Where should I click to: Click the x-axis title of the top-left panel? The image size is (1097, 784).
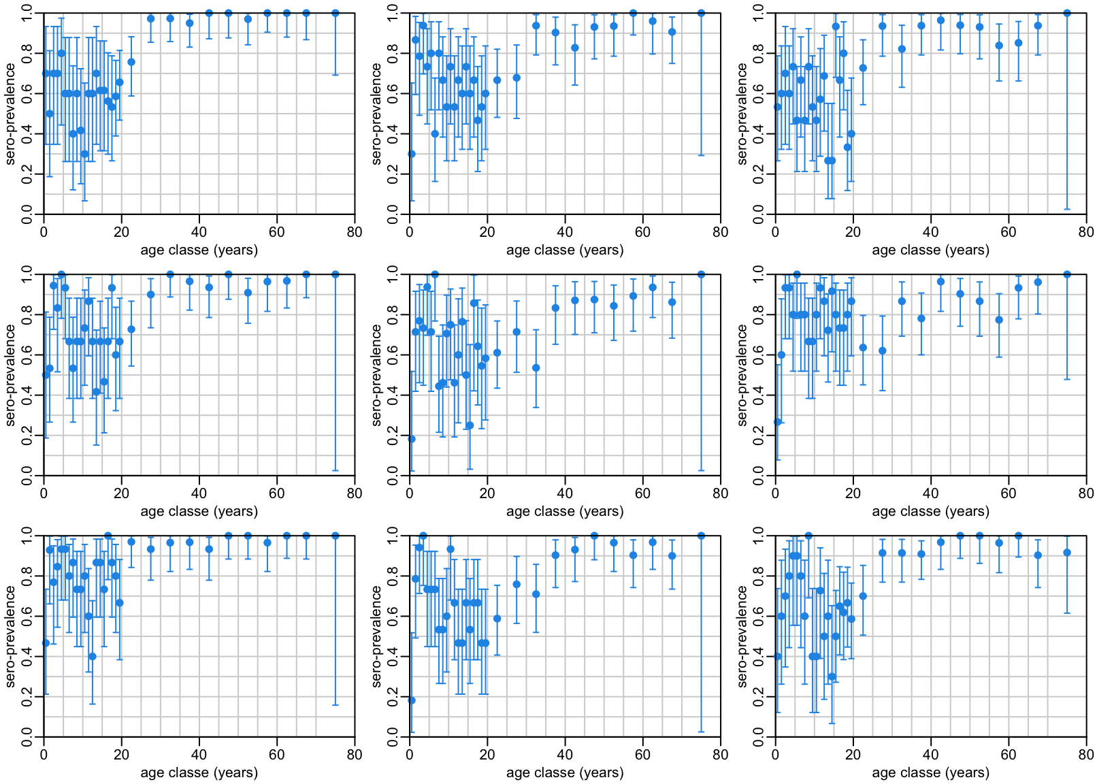coord(199,250)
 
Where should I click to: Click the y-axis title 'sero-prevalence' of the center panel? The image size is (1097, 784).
coord(376,375)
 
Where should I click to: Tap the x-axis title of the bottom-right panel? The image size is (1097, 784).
coord(930,772)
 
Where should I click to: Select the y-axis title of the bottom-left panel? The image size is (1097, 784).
coord(10,636)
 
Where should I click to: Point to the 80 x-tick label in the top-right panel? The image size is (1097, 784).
coord(1086,232)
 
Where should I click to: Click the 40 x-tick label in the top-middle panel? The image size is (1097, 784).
coord(565,232)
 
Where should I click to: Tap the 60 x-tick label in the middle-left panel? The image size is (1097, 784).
coord(277,493)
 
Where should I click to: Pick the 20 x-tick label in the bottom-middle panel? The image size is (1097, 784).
coord(487,755)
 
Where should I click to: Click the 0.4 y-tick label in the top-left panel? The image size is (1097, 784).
coord(27,134)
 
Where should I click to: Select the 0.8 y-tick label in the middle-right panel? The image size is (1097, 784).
coord(759,314)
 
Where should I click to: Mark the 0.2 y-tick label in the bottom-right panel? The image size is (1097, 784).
coord(759,697)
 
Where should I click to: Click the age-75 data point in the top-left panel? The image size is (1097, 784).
coord(335,13)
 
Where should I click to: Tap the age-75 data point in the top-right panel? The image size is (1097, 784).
coord(1067,13)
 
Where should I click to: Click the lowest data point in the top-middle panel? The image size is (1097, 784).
coord(412,154)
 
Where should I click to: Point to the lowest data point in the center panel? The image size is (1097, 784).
coord(412,439)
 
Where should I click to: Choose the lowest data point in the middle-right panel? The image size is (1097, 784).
coord(778,422)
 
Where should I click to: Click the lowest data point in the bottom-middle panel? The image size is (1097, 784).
coord(412,700)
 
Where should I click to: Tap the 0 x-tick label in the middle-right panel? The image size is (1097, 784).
coord(775,493)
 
